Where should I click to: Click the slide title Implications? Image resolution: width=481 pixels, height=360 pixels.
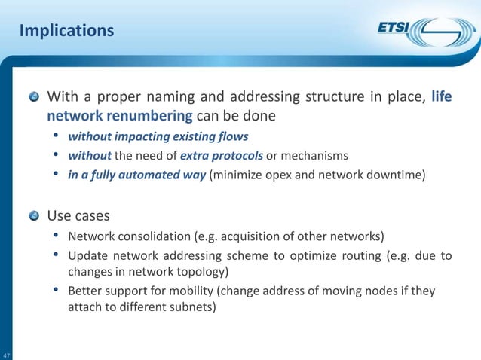pos(66,31)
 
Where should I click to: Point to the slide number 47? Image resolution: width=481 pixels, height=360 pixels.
pos(6,355)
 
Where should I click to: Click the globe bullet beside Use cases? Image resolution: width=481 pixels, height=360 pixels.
pos(35,217)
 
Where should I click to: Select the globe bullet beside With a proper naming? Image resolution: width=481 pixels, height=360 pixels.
pos(35,98)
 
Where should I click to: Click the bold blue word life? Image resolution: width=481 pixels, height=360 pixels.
pos(442,97)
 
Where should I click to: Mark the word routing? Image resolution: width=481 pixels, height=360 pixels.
pos(353,256)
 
